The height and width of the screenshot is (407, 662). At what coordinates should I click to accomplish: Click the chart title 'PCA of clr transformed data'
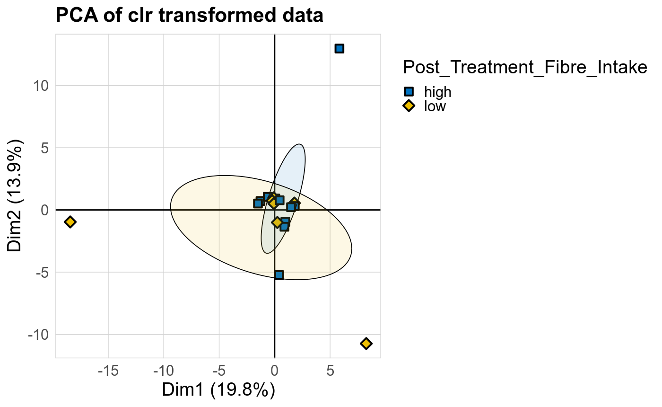tap(189, 16)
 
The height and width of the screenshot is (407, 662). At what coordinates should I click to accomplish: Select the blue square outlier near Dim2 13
tap(339, 48)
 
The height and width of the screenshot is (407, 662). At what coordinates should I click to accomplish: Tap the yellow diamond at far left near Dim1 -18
tap(70, 221)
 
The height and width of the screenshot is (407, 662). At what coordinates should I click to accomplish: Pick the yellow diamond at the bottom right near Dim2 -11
tap(366, 343)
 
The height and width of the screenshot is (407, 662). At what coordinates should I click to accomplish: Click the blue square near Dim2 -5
tap(279, 275)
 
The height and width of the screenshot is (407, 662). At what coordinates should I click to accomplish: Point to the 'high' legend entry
tap(437, 92)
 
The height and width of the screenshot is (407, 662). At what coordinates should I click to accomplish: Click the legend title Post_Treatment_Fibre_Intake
tap(524, 68)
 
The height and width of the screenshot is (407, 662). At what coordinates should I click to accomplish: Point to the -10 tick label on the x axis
tap(164, 371)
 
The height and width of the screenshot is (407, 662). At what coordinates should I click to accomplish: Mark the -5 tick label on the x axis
tap(219, 371)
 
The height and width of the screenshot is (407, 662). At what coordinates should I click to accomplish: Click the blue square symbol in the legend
tap(409, 92)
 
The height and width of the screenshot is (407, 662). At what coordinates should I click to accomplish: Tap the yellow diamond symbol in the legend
tap(409, 106)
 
